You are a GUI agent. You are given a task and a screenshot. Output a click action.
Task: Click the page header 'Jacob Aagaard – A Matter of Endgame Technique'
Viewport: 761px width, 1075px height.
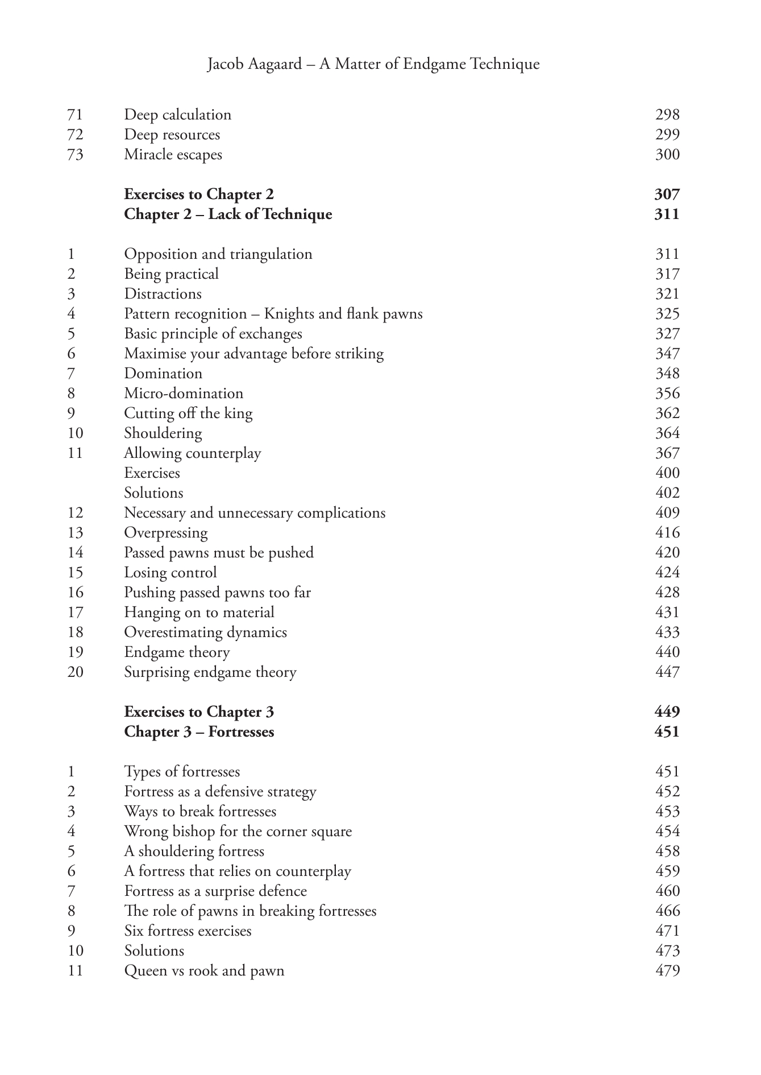[x=373, y=64]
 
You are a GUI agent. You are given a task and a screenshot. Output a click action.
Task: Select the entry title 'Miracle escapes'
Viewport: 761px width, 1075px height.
[x=173, y=155]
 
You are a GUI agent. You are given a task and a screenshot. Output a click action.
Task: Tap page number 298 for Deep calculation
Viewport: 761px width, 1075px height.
[x=667, y=115]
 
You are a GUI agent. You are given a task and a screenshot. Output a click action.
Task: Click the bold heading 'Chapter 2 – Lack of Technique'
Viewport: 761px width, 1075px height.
[x=228, y=214]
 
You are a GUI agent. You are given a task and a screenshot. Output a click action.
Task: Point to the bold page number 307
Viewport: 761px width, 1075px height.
[x=667, y=195]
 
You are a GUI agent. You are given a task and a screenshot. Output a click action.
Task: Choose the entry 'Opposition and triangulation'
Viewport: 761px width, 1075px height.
[x=218, y=254]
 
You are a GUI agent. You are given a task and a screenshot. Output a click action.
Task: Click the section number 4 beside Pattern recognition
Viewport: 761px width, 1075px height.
[x=71, y=314]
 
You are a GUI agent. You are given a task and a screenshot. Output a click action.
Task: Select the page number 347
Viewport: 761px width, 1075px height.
[x=667, y=354]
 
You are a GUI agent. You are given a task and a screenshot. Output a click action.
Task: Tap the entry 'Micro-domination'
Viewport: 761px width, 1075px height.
[x=184, y=394]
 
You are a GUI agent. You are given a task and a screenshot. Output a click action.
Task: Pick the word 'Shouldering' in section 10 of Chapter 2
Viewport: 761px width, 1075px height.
[x=163, y=433]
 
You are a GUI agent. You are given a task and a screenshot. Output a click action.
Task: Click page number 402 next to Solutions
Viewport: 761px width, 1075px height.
[x=667, y=493]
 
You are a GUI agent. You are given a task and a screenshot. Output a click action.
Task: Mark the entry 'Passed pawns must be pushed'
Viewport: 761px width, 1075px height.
[x=219, y=553]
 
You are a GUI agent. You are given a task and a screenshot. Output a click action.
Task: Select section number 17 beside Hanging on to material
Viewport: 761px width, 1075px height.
[x=75, y=613]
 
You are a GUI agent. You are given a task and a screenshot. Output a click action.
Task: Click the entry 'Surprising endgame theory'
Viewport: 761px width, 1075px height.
[x=210, y=672]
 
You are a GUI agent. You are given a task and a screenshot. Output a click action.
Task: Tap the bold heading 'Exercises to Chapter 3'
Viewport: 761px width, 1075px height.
[x=199, y=712]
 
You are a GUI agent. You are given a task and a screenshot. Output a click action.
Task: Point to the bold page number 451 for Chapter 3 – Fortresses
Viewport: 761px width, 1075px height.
[x=667, y=732]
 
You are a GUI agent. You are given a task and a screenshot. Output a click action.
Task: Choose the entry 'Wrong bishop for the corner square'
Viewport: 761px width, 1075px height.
[x=238, y=832]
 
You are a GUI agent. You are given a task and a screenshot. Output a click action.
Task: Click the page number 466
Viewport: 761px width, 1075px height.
[x=667, y=911]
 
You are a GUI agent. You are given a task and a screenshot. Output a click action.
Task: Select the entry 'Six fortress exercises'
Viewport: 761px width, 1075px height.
[x=188, y=931]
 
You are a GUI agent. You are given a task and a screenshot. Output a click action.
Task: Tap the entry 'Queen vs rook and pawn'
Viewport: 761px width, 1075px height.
[x=204, y=971]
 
